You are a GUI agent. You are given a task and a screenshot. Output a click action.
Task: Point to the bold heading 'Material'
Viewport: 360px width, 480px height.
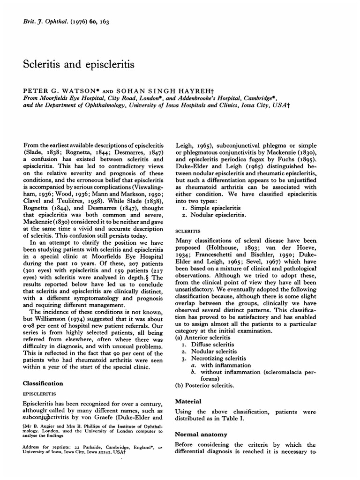point(188,401)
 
